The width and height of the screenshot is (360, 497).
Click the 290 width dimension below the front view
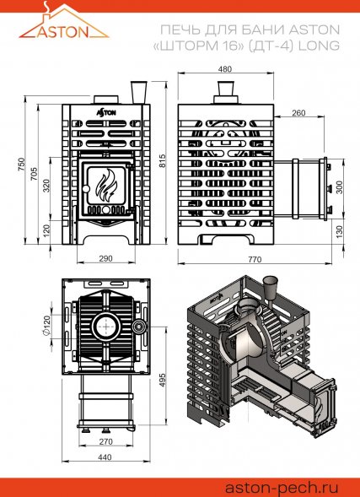pos(106,257)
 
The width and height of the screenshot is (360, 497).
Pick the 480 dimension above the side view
pos(223,69)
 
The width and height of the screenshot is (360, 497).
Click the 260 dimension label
pos(298,112)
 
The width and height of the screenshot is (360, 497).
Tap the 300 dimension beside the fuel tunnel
pos(339,187)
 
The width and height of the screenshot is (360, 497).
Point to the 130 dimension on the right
pos(339,230)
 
